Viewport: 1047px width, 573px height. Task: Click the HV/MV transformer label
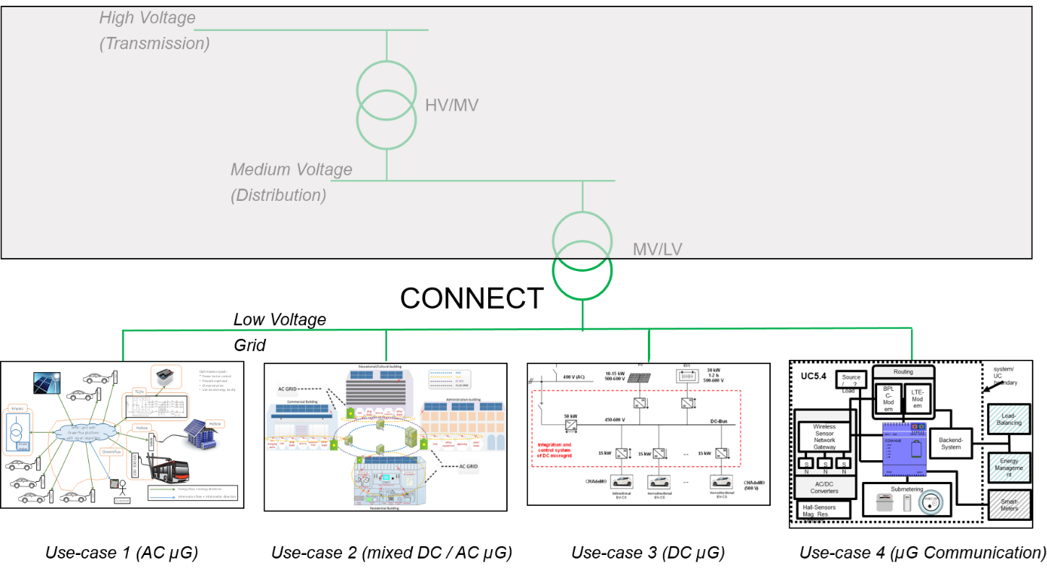(451, 105)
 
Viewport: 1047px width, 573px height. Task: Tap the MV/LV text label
(657, 250)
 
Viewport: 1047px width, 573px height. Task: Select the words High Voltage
(147, 17)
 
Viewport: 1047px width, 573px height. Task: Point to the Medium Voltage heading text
(291, 170)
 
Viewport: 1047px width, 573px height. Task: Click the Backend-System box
(951, 442)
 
